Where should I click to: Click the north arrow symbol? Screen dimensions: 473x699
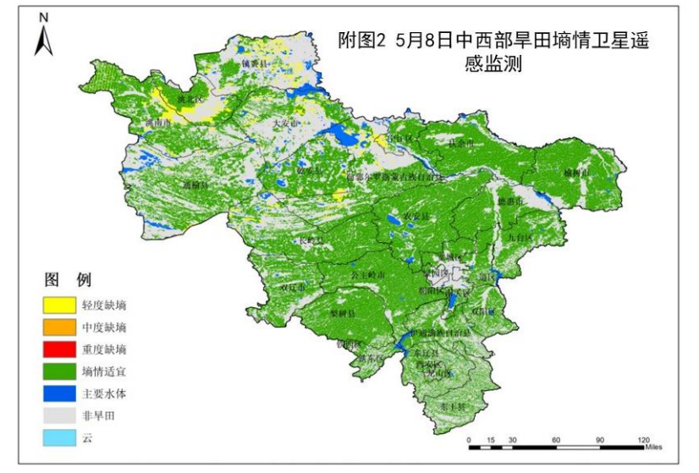[x=43, y=36]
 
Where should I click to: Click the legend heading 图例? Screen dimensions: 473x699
[x=68, y=280]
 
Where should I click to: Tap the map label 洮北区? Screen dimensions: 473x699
[x=190, y=100]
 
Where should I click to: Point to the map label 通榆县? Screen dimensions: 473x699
[x=195, y=183]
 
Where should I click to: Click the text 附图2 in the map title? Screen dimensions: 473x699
[x=361, y=41]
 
